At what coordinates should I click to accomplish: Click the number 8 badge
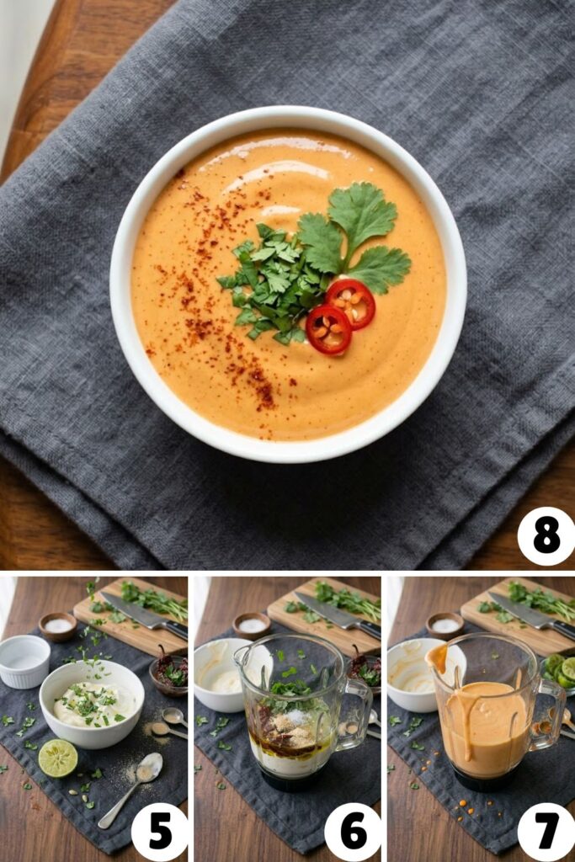click(546, 536)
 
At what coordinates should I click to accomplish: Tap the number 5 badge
click(160, 831)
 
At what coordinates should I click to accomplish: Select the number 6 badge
click(353, 831)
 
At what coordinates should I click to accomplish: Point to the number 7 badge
click(546, 831)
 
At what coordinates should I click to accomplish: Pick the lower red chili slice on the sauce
click(328, 329)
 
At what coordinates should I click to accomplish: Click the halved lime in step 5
click(57, 758)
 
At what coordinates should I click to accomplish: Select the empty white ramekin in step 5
click(24, 661)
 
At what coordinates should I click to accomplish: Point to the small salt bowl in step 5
click(58, 626)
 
